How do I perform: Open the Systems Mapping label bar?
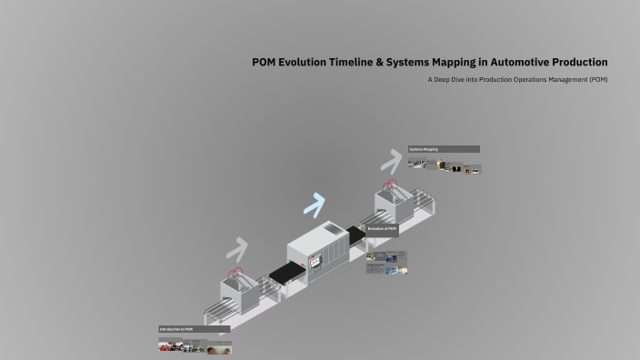[444, 149]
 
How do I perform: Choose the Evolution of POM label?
[382, 230]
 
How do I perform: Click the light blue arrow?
[314, 205]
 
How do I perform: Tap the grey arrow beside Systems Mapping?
[390, 160]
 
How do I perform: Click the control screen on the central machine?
[315, 261]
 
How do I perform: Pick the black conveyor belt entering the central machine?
[286, 270]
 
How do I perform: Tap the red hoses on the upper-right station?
[392, 185]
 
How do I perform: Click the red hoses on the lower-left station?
[236, 271]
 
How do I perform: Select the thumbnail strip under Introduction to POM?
[195, 347]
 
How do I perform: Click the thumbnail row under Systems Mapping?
[444, 166]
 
